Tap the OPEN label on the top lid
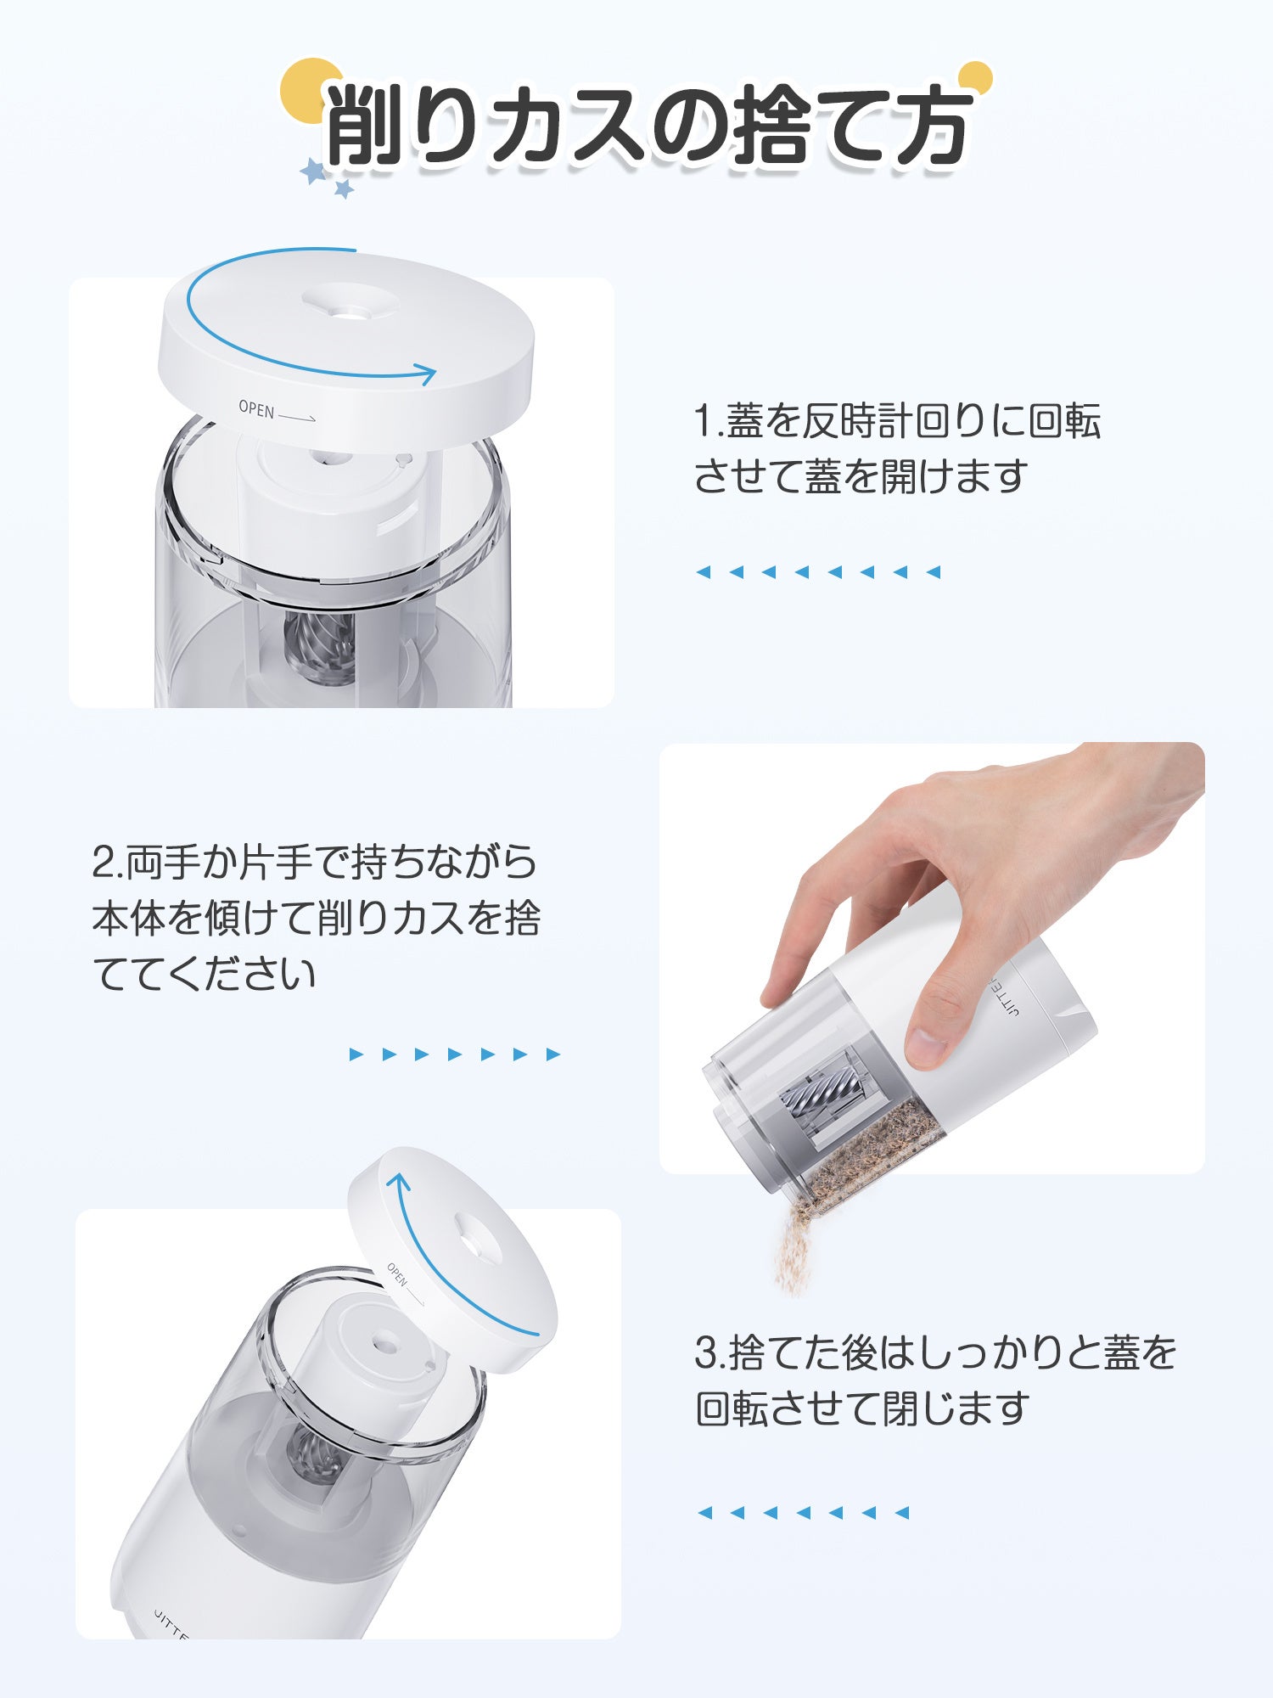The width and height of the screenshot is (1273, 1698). pyautogui.click(x=256, y=409)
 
